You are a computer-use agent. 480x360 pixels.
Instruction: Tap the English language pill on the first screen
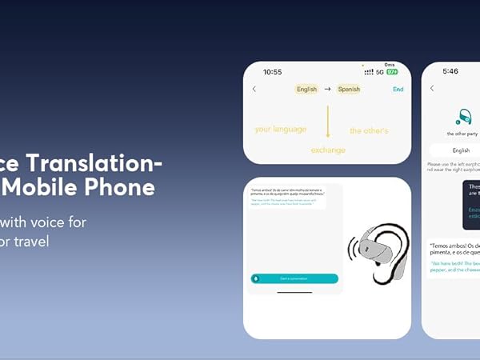point(306,90)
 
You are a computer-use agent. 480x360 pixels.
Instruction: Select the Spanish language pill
point(349,90)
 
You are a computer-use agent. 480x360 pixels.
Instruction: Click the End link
point(398,90)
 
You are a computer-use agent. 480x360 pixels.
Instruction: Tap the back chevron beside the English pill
point(254,89)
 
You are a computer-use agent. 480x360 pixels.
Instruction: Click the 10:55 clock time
point(272,72)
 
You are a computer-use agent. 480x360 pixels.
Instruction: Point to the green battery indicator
point(392,72)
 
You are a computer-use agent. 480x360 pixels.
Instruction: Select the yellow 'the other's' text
point(369,130)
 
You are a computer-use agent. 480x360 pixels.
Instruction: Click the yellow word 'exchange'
point(327,150)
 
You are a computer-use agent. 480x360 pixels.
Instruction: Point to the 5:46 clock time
point(450,71)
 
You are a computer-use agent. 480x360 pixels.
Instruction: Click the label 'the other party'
point(462,134)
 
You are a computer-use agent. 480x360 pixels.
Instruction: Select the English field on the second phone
point(462,150)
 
